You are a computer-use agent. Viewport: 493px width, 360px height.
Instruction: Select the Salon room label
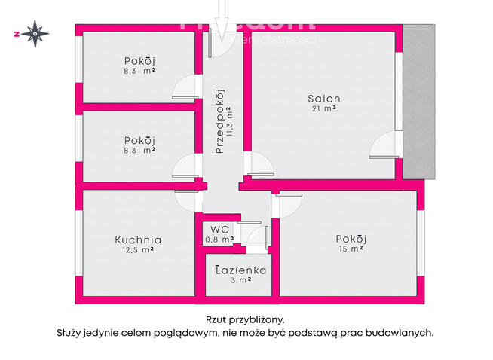click(323, 99)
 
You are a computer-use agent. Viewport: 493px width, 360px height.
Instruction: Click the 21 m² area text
click(324, 109)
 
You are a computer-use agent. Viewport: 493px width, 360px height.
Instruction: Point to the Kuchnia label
click(138, 240)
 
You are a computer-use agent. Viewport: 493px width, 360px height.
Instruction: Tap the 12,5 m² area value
click(139, 251)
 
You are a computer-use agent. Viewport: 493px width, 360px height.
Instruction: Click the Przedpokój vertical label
click(220, 121)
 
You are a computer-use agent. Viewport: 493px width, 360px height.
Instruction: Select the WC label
click(219, 229)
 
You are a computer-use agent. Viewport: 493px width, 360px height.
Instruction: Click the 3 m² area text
click(240, 280)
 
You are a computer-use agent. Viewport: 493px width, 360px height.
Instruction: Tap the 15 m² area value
click(351, 249)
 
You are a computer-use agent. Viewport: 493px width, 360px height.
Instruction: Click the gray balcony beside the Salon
click(419, 102)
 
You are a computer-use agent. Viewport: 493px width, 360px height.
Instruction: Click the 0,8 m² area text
click(219, 239)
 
